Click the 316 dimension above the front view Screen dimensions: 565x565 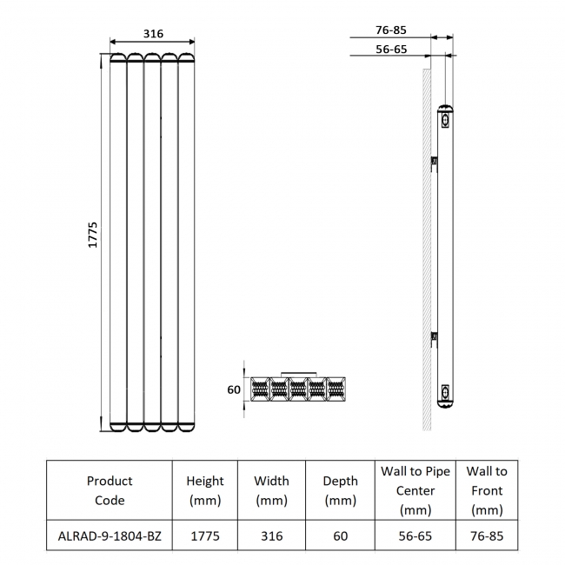(153, 34)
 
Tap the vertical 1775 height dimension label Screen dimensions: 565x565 (94, 236)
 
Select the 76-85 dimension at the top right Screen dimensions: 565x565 (391, 30)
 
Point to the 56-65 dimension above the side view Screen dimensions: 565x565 (391, 50)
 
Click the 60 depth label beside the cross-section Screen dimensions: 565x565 (234, 389)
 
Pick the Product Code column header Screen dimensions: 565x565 (110, 490)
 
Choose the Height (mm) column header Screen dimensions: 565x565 (205, 490)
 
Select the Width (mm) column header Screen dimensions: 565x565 (271, 490)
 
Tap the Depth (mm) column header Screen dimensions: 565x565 (340, 490)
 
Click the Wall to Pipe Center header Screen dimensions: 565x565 (415, 490)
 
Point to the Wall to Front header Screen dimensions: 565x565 (486, 490)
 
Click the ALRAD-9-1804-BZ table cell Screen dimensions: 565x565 (110, 536)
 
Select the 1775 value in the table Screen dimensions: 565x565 (205, 536)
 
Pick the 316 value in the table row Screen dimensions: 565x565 (271, 536)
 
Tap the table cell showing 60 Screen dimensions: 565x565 (340, 536)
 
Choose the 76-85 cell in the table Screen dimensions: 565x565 (486, 536)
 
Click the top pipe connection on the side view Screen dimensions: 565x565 (446, 118)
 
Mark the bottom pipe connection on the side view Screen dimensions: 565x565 (446, 393)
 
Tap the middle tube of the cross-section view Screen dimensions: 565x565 (297, 389)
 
